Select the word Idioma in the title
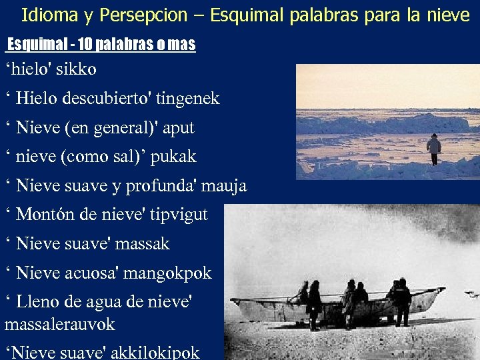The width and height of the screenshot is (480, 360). (x=46, y=15)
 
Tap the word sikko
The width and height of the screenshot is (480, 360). (x=79, y=69)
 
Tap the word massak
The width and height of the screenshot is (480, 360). (x=142, y=244)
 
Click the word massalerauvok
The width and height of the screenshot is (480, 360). (x=59, y=325)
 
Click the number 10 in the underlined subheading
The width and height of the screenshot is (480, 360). (x=85, y=45)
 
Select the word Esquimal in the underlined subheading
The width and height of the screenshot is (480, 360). (x=35, y=45)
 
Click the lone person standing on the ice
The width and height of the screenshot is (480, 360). (x=434, y=149)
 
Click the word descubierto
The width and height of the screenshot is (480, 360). (x=109, y=99)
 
